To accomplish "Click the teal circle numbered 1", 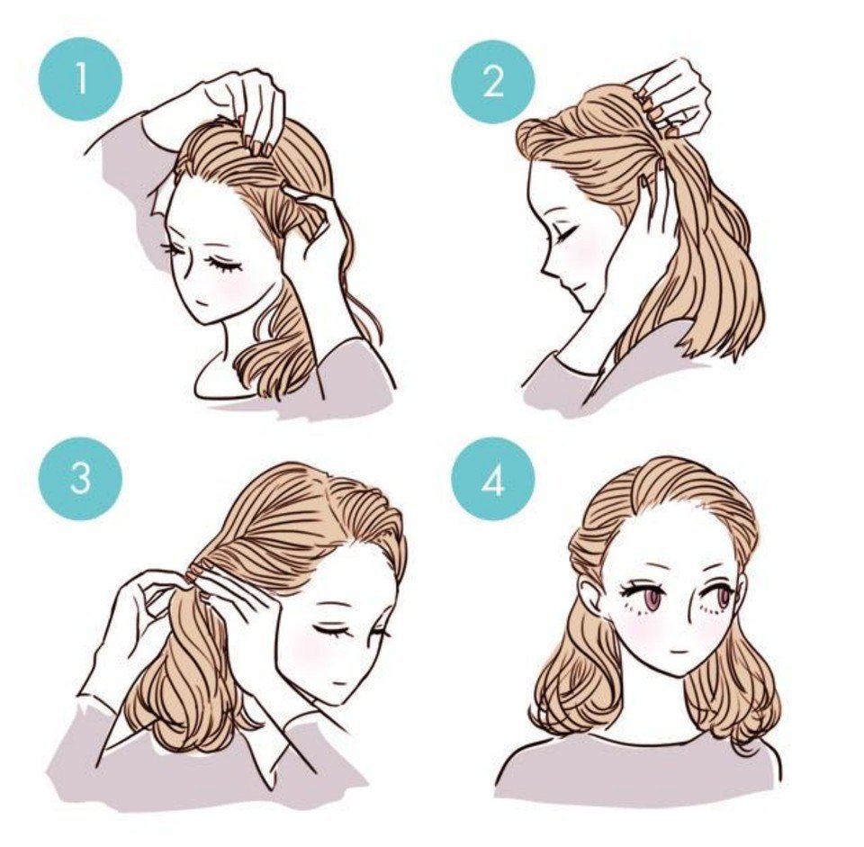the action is (80, 78).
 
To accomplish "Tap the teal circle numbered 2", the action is (493, 82).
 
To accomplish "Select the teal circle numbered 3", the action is (80, 478).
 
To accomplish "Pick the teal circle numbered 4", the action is (493, 478).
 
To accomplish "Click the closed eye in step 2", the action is (565, 234).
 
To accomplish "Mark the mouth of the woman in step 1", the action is (202, 302).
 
